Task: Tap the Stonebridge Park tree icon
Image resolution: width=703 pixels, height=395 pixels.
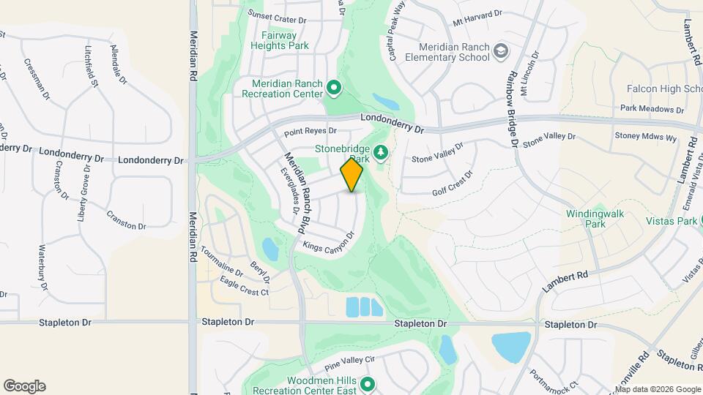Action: pos(380,152)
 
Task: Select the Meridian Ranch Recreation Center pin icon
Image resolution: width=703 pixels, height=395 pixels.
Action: pos(334,89)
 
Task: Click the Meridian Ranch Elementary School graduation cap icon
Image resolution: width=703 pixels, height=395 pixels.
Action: pos(501,51)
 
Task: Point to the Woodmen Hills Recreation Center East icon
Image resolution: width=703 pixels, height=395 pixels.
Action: pos(368,384)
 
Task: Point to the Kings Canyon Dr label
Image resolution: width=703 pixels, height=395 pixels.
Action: pos(328,244)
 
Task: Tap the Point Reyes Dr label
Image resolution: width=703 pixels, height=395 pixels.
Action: pos(310,132)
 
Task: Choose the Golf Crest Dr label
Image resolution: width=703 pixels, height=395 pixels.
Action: pos(453,180)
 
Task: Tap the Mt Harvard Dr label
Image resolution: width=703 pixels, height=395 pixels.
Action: pos(477,18)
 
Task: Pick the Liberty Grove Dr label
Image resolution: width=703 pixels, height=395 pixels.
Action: pos(84,194)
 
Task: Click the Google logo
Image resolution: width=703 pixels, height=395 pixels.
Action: pos(24,386)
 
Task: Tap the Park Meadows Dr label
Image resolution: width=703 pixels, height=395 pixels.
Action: pos(652,109)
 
